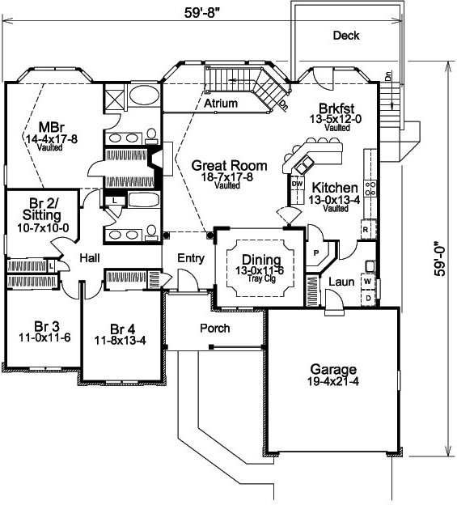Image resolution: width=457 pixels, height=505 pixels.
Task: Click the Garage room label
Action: [x=333, y=369]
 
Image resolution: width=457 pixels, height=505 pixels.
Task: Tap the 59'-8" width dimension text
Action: [x=204, y=13]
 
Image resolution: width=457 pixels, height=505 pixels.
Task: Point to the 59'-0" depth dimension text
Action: [x=439, y=259]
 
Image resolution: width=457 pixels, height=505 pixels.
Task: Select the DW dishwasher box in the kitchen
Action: [x=297, y=184]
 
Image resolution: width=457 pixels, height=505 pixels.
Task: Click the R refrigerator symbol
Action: [x=366, y=230]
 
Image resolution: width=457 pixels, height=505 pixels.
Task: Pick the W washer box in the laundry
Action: [x=367, y=281]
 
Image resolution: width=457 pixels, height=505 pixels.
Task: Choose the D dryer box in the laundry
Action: [x=368, y=299]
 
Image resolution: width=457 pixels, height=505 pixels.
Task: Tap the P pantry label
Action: [x=316, y=253]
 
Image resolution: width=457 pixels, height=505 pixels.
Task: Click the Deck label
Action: [x=346, y=36]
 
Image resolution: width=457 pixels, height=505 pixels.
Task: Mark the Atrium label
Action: [x=221, y=104]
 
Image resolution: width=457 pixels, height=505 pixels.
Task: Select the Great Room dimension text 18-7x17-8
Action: [x=227, y=176]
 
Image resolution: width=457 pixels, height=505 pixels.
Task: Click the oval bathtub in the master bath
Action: [x=145, y=95]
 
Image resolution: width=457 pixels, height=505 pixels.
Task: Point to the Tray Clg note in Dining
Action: [x=261, y=278]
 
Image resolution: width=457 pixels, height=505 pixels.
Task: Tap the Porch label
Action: [x=215, y=329]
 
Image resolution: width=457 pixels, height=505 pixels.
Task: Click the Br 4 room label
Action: [x=122, y=329]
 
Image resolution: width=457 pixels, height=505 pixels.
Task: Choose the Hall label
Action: [x=90, y=257]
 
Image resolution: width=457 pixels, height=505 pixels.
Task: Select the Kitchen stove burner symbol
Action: [x=370, y=189]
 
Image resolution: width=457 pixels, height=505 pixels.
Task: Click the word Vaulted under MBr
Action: [x=50, y=147]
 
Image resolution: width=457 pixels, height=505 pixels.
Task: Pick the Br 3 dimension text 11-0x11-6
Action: [x=44, y=337]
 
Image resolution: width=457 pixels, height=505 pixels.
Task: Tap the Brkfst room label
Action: [x=336, y=108]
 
